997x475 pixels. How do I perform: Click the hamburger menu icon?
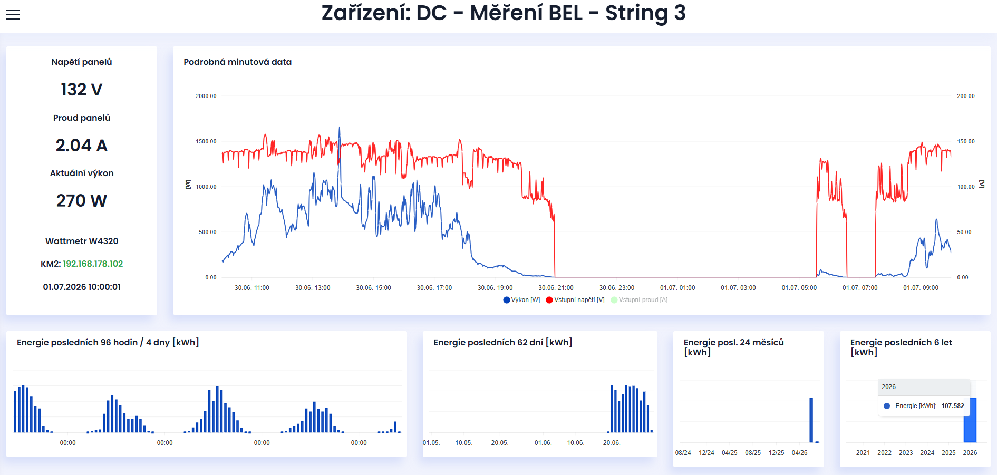(13, 15)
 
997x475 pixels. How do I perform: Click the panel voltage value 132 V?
(82, 90)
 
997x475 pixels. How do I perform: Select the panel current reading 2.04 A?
(82, 146)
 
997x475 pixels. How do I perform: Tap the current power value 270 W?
(82, 201)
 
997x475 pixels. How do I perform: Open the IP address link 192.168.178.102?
(93, 264)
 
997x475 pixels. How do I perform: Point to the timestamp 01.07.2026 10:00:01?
(82, 287)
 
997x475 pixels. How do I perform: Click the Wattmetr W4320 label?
(82, 241)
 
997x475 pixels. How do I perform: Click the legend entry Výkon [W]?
(521, 300)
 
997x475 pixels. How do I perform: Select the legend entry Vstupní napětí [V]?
(575, 300)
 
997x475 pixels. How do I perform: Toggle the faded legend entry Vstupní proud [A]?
(639, 300)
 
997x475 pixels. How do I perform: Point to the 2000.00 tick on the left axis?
(206, 96)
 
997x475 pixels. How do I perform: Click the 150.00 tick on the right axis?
(966, 141)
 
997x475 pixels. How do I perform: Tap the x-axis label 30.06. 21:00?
(556, 288)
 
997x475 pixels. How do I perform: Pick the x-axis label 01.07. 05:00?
(799, 288)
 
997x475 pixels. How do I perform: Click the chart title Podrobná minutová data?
(238, 62)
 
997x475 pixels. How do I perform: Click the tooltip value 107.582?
(953, 406)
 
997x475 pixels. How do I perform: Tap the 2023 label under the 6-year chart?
(906, 453)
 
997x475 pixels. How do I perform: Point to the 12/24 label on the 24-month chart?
(706, 453)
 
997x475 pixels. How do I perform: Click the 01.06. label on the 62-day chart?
(543, 443)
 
